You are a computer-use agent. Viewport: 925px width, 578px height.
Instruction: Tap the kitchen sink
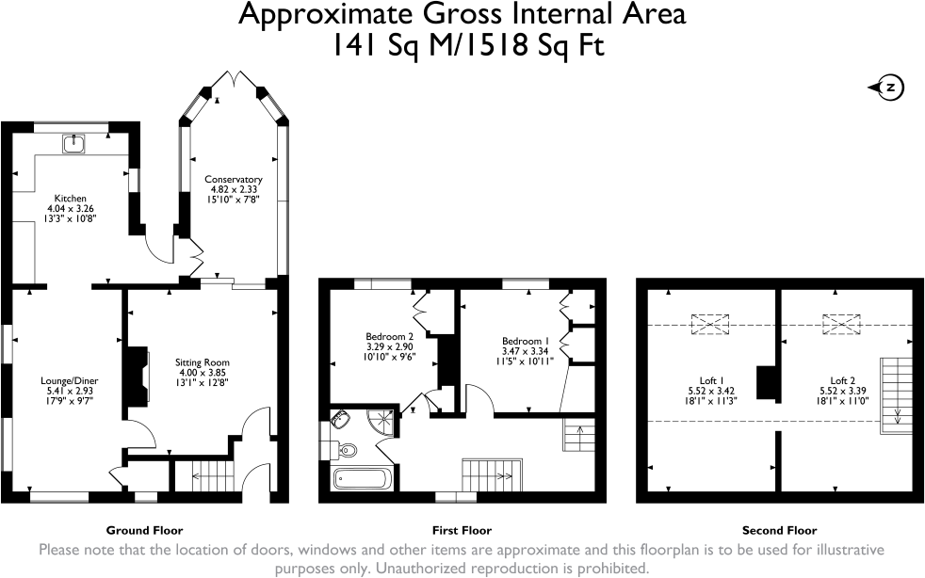click(x=73, y=144)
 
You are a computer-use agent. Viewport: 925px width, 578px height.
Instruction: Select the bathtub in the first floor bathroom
click(x=362, y=478)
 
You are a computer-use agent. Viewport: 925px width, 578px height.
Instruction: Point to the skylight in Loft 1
click(x=709, y=325)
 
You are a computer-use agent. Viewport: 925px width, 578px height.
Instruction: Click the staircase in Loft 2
click(x=896, y=394)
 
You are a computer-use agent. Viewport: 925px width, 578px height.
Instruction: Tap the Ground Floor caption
click(x=144, y=530)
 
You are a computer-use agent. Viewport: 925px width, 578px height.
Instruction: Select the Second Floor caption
click(x=779, y=530)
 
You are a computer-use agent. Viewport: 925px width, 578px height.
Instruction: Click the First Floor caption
click(x=461, y=530)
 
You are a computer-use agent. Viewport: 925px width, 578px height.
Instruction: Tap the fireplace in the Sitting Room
click(x=138, y=376)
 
